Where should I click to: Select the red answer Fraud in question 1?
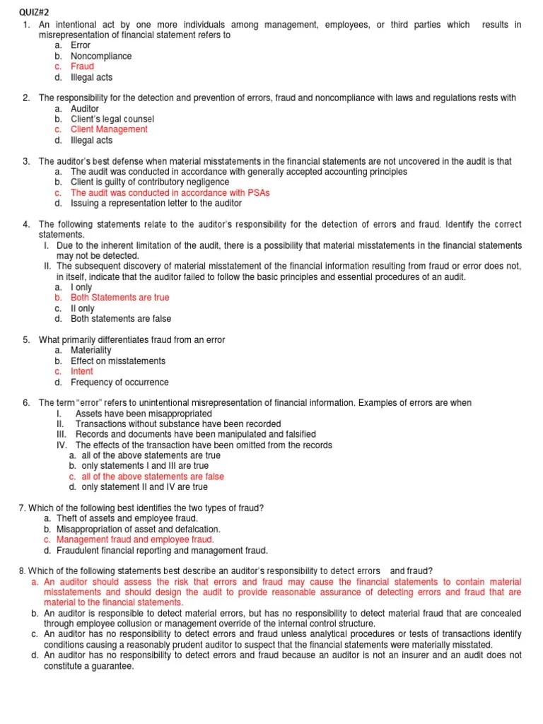pyautogui.click(x=82, y=66)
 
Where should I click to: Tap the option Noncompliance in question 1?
pyautogui.click(x=101, y=56)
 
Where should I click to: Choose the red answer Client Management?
pyautogui.click(x=109, y=129)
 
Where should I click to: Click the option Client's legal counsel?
pyautogui.click(x=112, y=119)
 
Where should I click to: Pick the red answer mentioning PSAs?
pyautogui.click(x=170, y=192)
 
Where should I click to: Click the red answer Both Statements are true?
pyautogui.click(x=119, y=298)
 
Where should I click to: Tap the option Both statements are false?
pyautogui.click(x=121, y=319)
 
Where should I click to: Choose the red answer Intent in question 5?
pyautogui.click(x=82, y=371)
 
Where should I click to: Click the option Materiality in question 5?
pyautogui.click(x=91, y=350)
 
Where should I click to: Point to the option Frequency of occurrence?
pyautogui.click(x=119, y=382)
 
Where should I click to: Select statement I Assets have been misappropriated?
pyautogui.click(x=144, y=414)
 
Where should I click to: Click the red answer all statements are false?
pyautogui.click(x=153, y=477)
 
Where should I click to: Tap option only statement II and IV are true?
pyautogui.click(x=144, y=487)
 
